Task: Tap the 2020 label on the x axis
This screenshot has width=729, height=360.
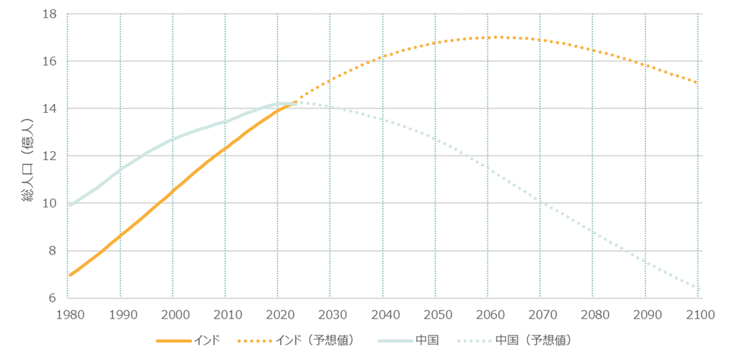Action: click(x=277, y=315)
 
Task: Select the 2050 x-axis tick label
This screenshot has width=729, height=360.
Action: click(x=435, y=315)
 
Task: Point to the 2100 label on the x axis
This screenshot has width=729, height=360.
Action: click(x=698, y=315)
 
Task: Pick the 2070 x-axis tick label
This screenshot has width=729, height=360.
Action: click(x=540, y=315)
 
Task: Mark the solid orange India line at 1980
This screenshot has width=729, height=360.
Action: click(x=69, y=275)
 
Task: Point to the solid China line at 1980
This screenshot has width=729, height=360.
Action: click(x=69, y=206)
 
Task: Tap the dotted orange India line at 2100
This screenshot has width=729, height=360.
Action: click(x=698, y=83)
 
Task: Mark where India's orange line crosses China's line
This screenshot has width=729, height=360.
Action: click(x=293, y=103)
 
